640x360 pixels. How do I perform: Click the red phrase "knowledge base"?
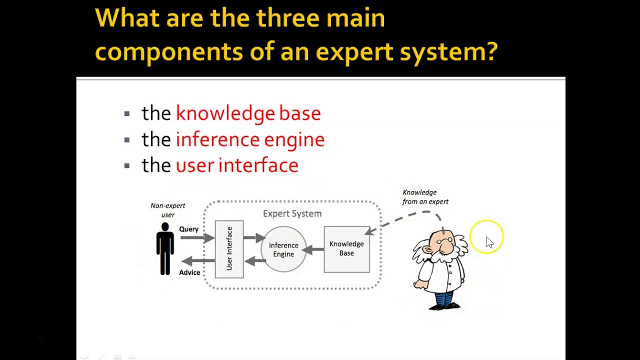tap(248, 113)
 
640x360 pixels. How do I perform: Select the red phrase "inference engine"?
tap(250, 139)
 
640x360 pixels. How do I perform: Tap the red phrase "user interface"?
tap(237, 165)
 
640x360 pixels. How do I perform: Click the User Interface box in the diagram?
tap(229, 249)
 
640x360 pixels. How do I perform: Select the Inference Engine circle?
tap(283, 249)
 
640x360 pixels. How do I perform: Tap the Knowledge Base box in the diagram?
tap(346, 249)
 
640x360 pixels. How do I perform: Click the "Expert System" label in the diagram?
tap(292, 213)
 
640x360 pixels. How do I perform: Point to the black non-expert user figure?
tap(165, 248)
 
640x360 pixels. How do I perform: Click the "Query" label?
tap(189, 229)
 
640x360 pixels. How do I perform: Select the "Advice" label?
tap(189, 272)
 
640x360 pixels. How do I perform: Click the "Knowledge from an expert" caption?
tap(425, 197)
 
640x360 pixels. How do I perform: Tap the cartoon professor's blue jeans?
tap(444, 299)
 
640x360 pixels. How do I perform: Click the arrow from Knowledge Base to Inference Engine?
tap(312, 249)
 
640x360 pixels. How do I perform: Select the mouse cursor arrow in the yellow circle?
tap(489, 242)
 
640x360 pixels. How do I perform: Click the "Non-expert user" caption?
tap(168, 210)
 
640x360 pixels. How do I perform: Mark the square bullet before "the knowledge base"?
tap(127, 114)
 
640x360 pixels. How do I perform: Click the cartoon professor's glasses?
tap(443, 241)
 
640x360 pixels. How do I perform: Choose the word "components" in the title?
tap(168, 51)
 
